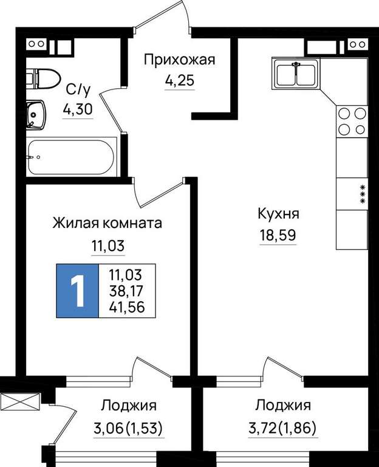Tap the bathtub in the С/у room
click(71, 157)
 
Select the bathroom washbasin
click(36, 115)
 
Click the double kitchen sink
click(296, 73)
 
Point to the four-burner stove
click(352, 121)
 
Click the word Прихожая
click(179, 60)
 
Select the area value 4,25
click(180, 80)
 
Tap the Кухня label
click(278, 214)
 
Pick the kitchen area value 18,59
click(278, 235)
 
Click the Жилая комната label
click(108, 223)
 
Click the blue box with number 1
click(77, 291)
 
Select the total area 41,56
click(127, 306)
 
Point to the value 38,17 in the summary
click(126, 291)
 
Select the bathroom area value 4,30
click(78, 109)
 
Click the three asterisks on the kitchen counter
click(363, 194)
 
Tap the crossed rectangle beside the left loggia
click(20, 402)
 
